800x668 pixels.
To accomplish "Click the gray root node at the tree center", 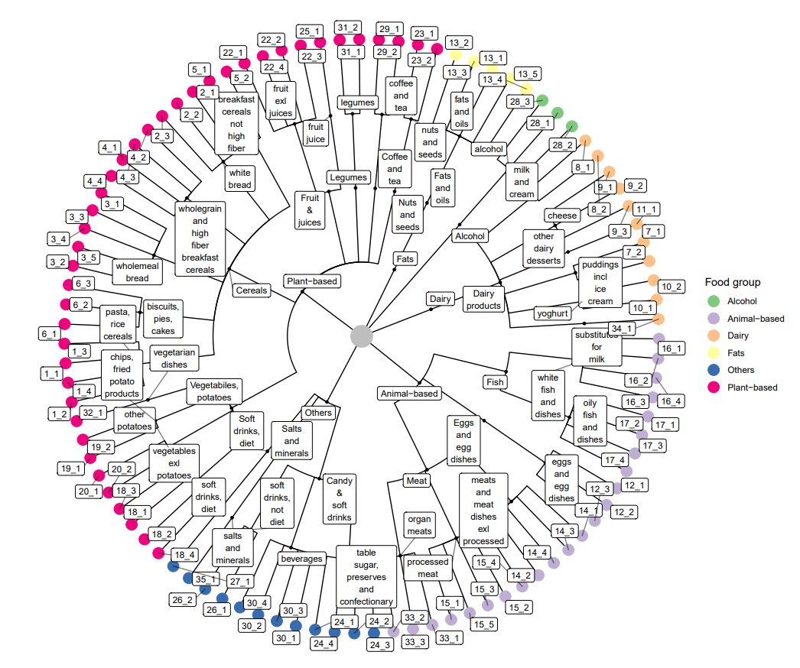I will [x=361, y=336].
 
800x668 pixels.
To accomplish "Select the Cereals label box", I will [x=252, y=290].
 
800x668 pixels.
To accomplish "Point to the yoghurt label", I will [x=553, y=313].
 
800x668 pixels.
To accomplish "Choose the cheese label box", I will [x=562, y=216].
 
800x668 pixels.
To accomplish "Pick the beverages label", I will [x=301, y=559].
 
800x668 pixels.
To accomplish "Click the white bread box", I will [x=238, y=180].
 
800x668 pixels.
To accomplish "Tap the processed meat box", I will [x=433, y=568].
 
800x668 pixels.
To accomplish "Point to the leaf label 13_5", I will [x=527, y=74].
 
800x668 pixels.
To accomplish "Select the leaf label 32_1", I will [x=89, y=412].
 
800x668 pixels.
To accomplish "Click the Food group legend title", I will [x=733, y=283].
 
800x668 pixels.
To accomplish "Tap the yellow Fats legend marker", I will [x=714, y=353].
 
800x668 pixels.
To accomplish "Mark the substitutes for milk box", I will [x=595, y=347].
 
